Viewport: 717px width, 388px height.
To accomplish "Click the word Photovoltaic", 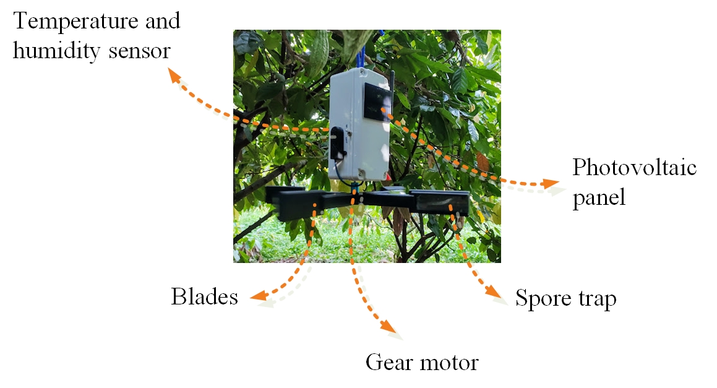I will click(x=634, y=168).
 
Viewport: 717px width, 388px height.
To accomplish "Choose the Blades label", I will click(x=204, y=298).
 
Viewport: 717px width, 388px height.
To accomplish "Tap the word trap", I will click(x=596, y=300).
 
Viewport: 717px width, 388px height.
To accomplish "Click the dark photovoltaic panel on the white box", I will click(x=375, y=103).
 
